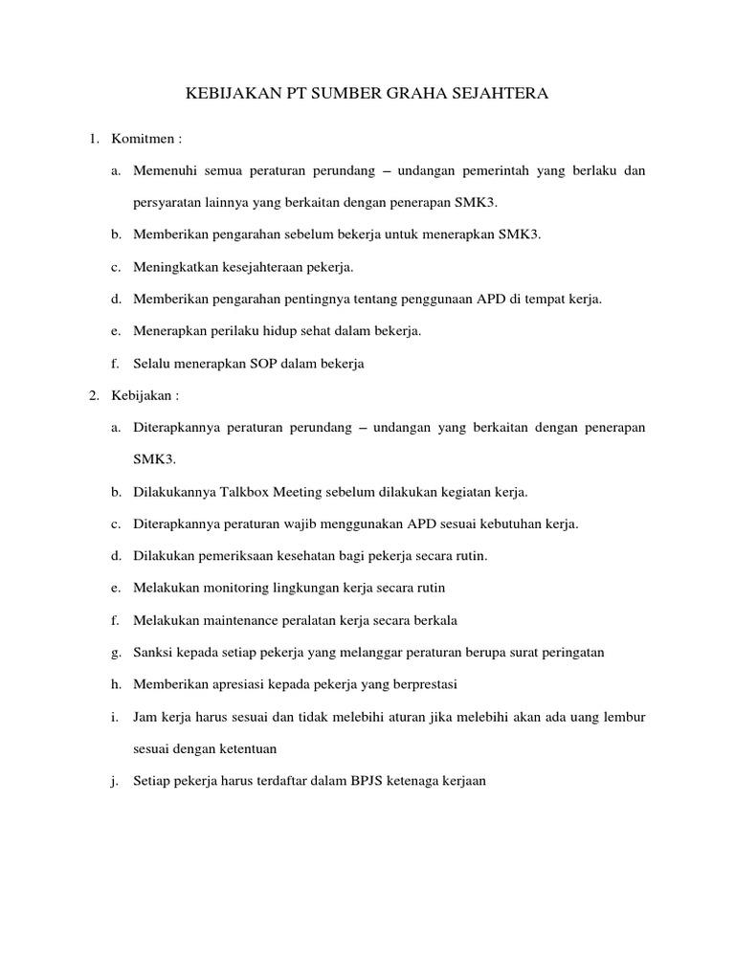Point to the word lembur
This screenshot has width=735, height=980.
pyautogui.click(x=626, y=717)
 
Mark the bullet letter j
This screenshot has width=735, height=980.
pyautogui.click(x=115, y=781)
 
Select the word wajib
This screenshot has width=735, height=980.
pyautogui.click(x=330, y=523)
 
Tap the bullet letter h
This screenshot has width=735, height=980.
pyautogui.click(x=115, y=684)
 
